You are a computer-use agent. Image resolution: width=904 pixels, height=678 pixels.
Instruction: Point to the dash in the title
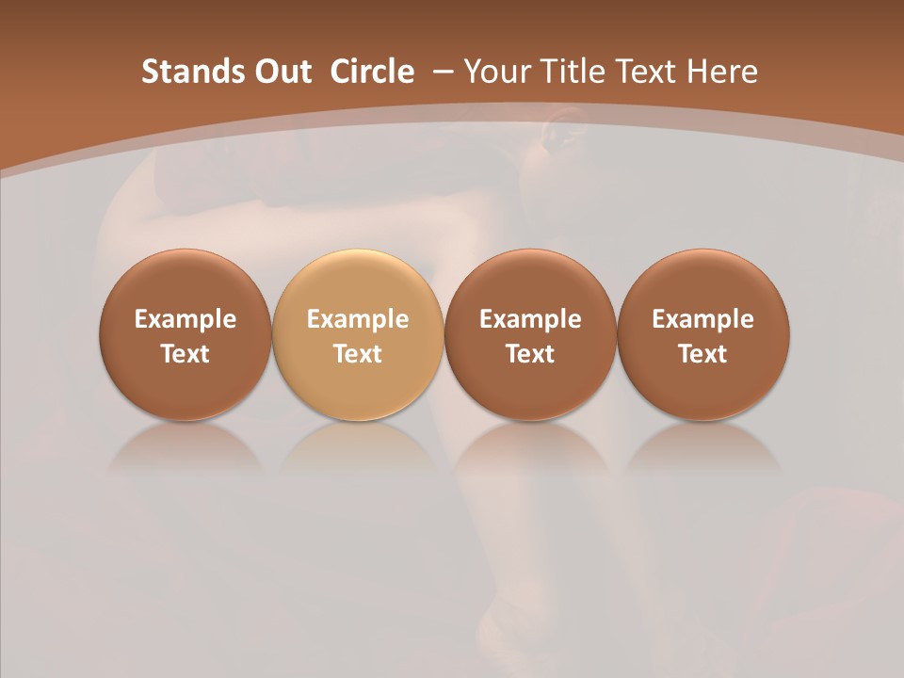click(441, 72)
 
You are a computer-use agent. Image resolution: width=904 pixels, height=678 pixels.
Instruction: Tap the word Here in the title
click(722, 72)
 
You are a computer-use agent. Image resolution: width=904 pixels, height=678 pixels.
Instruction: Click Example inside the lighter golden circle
click(358, 319)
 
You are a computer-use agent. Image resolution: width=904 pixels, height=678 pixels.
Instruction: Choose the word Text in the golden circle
click(358, 354)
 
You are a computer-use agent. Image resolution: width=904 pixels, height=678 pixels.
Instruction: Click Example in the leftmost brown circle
click(186, 319)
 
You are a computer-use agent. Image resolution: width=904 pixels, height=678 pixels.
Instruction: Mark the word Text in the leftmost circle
click(186, 354)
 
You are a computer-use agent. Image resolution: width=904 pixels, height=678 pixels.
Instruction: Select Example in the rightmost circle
click(703, 319)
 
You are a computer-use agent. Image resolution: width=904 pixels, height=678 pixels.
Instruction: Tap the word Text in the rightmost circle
click(703, 354)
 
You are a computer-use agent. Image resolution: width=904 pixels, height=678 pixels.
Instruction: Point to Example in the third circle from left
click(530, 319)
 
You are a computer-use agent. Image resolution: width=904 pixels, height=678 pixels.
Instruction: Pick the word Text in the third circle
click(530, 354)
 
